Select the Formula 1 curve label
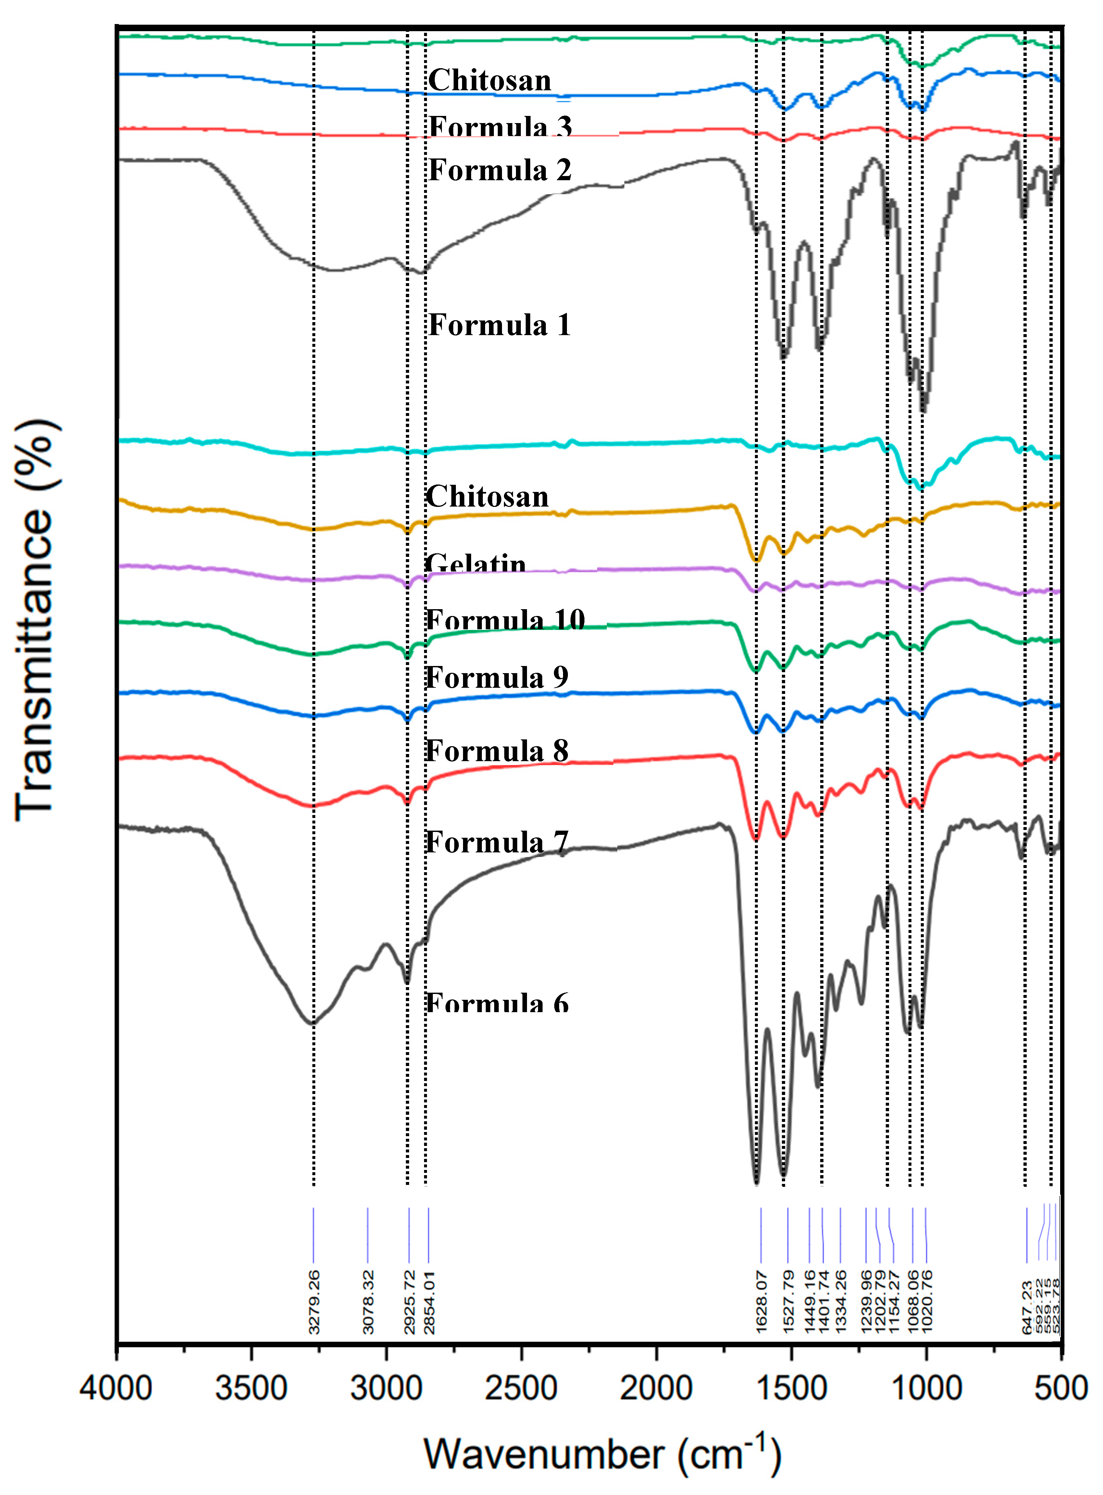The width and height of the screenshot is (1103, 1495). [x=499, y=325]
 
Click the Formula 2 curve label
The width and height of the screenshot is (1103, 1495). [x=499, y=170]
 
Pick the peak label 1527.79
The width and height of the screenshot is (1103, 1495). [x=788, y=1302]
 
